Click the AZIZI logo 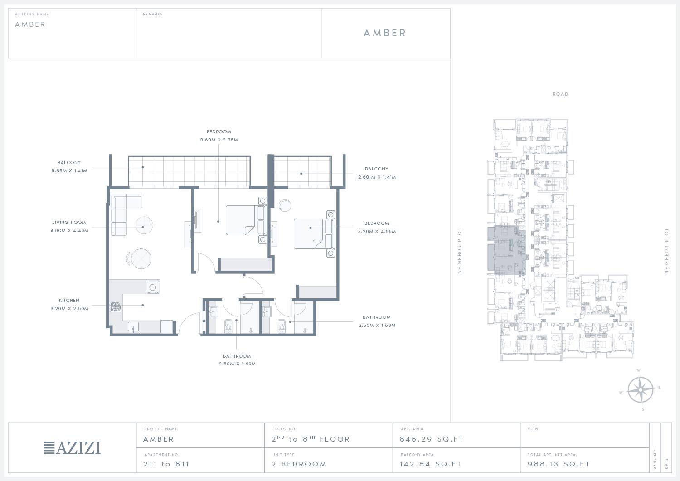(x=72, y=447)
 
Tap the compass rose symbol (x=640, y=390)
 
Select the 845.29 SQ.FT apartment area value (x=432, y=439)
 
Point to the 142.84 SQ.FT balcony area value (x=431, y=464)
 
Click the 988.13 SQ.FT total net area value (x=559, y=464)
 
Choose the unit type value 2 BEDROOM (x=299, y=464)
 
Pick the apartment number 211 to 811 (x=166, y=464)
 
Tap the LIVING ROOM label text (x=69, y=222)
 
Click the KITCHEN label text (x=69, y=300)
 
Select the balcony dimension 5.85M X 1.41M (x=69, y=170)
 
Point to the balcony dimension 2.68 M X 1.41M (x=377, y=177)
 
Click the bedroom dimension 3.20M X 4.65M (x=377, y=231)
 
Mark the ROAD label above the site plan (x=560, y=94)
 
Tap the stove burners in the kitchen (x=115, y=307)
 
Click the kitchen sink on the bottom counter (x=133, y=327)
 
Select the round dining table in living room (x=141, y=259)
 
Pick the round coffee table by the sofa (x=144, y=225)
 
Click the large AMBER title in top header (x=384, y=33)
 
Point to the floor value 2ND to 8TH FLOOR (x=311, y=439)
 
